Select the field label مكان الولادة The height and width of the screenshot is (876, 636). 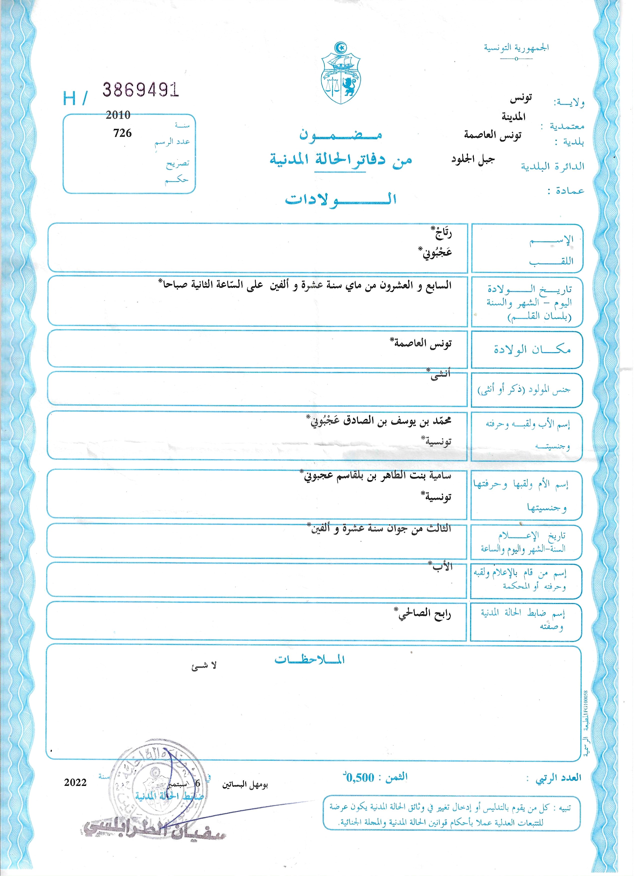click(x=532, y=349)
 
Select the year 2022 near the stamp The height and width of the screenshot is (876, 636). click(x=76, y=782)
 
